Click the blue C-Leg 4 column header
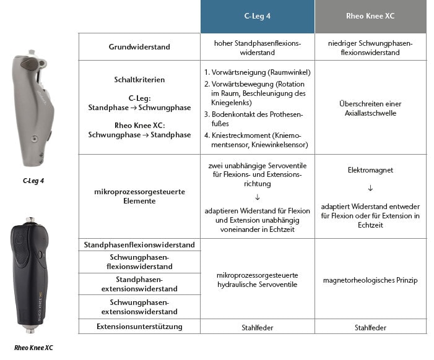tap(257, 17)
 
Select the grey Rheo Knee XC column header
tap(370, 17)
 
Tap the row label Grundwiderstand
tap(139, 47)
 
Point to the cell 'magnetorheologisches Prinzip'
tap(370, 280)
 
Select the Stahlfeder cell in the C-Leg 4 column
tap(257, 327)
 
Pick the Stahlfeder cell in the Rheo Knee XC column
tap(370, 327)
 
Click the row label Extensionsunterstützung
tap(139, 327)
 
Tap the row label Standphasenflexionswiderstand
tap(139, 245)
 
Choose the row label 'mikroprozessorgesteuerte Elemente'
tap(139, 196)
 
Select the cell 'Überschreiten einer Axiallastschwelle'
tap(370, 108)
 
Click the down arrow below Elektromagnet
tap(370, 187)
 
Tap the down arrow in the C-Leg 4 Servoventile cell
tap(257, 197)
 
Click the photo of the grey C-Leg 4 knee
tap(34, 111)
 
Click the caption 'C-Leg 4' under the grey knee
tap(34, 181)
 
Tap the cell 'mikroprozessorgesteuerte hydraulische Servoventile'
tap(257, 280)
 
